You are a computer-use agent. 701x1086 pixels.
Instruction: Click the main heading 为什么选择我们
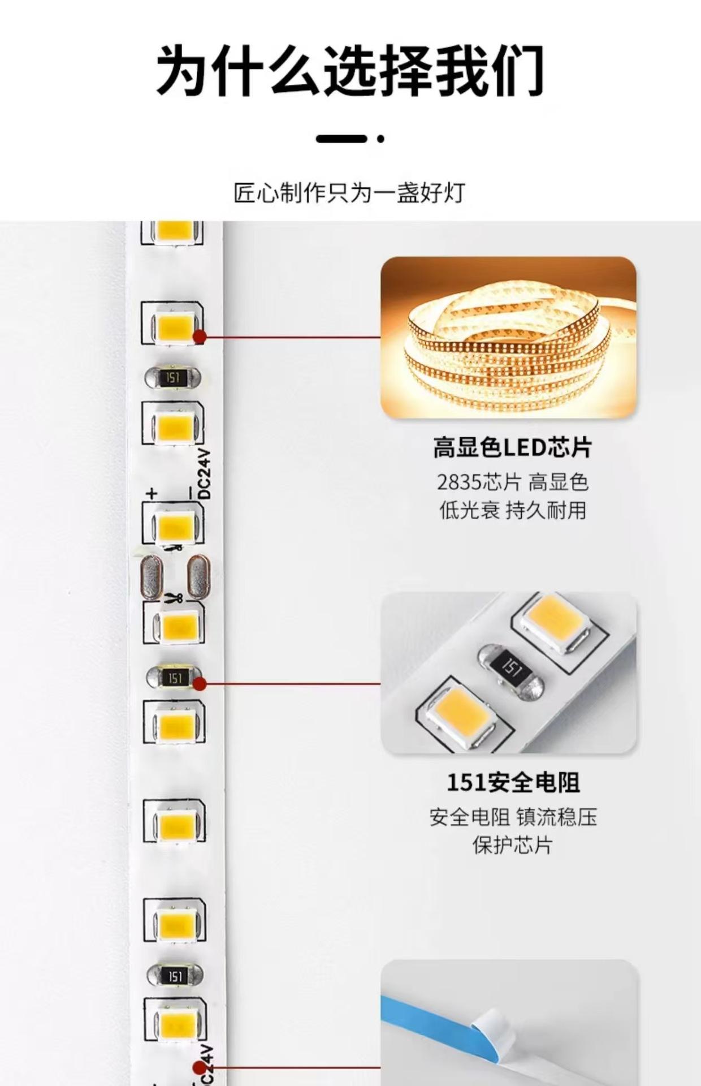(x=350, y=70)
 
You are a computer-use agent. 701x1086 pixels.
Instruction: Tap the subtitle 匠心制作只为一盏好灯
(x=350, y=193)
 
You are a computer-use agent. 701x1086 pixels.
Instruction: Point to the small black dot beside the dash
(x=381, y=139)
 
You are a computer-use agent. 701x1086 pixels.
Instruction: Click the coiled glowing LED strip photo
(x=508, y=337)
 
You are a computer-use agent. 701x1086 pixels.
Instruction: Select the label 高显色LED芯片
(x=512, y=448)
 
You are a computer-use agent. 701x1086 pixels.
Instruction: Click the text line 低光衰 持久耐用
(x=512, y=510)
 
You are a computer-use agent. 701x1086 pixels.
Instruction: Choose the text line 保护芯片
(x=512, y=845)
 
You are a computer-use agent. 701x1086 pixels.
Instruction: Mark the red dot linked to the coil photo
(x=199, y=337)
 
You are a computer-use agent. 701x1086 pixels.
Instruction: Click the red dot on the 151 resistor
(x=199, y=684)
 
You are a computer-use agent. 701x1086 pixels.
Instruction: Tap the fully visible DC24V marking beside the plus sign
(x=204, y=474)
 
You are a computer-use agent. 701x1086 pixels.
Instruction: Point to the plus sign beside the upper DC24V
(x=152, y=493)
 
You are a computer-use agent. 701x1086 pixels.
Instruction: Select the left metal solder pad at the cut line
(x=151, y=577)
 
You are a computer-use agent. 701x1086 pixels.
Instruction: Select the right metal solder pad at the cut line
(x=198, y=577)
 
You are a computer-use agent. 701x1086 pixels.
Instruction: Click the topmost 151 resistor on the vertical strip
(x=173, y=377)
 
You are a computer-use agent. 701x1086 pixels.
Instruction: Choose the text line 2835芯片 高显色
(x=512, y=482)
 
